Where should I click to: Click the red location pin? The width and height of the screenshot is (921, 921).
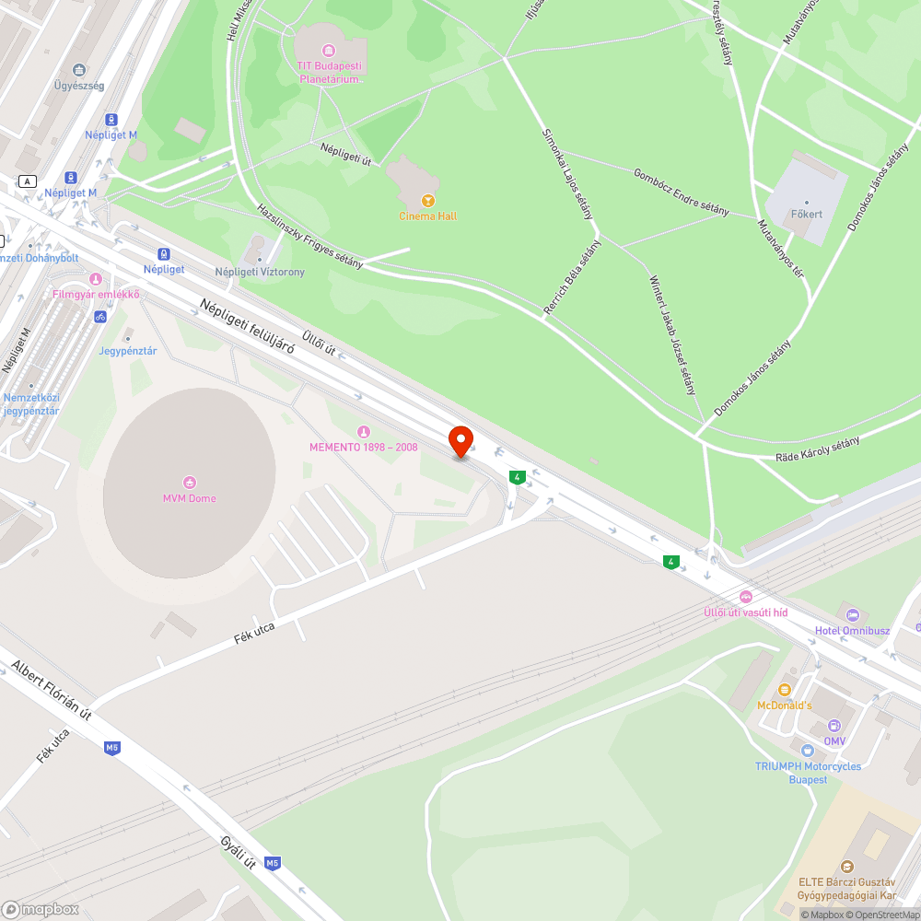tap(460, 440)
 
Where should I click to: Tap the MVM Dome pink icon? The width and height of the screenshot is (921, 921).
tap(190, 482)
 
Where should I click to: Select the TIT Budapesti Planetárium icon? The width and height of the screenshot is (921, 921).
tap(328, 50)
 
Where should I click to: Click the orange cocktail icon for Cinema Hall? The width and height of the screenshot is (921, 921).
tap(427, 200)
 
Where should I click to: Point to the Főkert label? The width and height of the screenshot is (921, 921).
tap(806, 215)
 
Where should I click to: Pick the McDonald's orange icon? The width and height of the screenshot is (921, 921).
tap(785, 689)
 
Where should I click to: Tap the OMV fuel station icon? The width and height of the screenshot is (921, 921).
tap(834, 726)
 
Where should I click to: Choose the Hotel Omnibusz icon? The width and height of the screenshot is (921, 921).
tap(852, 614)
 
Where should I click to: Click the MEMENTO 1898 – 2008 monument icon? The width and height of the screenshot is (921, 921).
tap(363, 431)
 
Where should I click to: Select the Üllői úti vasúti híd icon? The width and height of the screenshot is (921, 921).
tap(745, 596)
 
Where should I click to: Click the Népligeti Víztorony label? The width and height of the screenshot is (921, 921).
tap(260, 272)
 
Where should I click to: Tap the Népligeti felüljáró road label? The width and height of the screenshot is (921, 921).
tap(246, 332)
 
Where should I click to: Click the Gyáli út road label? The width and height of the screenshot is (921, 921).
tap(238, 851)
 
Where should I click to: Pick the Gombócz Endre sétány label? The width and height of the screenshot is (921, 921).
tap(681, 192)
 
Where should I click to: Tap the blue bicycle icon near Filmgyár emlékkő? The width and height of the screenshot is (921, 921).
tap(100, 317)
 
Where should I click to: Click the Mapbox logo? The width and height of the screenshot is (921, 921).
tap(41, 909)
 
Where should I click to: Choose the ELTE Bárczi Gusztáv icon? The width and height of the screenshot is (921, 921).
tap(847, 866)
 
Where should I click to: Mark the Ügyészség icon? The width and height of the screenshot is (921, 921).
tap(78, 69)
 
